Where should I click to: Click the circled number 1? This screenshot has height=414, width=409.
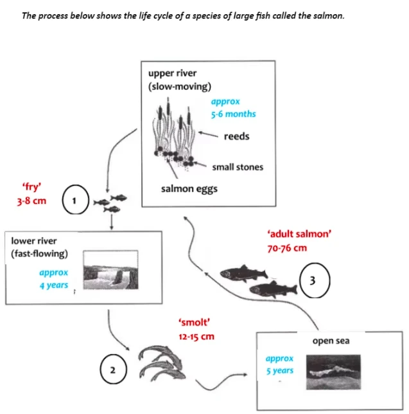[74, 201]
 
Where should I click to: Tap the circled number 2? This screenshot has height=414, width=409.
[113, 370]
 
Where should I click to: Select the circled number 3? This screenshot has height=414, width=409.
[313, 280]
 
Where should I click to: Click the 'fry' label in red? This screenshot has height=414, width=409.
[33, 187]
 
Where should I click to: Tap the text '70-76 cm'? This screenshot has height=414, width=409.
[287, 248]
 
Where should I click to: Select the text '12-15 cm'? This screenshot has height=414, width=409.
[196, 336]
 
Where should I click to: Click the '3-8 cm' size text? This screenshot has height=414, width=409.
[31, 201]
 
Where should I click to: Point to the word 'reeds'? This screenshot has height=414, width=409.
[236, 136]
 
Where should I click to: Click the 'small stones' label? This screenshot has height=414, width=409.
[238, 167]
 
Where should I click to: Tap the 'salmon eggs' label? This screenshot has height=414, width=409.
[189, 189]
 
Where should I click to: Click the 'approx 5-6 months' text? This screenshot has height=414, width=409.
[232, 108]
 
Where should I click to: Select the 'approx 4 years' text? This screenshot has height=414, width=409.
[53, 278]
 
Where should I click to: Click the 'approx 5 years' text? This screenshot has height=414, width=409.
[279, 364]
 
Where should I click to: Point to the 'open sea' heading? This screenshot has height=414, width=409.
[331, 341]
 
